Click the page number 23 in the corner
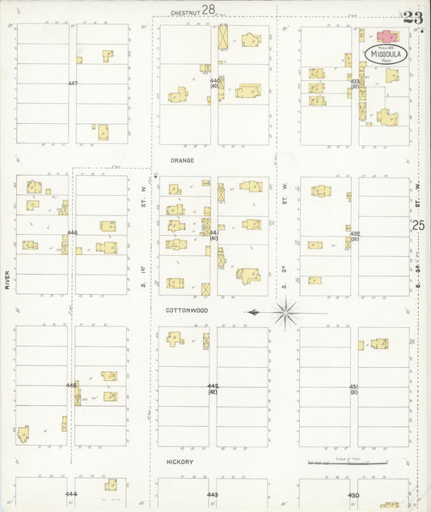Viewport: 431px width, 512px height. [x=412, y=17]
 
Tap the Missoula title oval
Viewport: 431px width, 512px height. [x=386, y=53]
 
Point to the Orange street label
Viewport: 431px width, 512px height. [x=182, y=160]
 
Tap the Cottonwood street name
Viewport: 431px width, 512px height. [x=188, y=310]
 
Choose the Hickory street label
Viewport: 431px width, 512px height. [x=180, y=462]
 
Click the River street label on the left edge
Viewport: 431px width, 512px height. [x=6, y=280]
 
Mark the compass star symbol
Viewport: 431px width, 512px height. [x=286, y=312]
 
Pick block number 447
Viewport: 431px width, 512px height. [x=73, y=83]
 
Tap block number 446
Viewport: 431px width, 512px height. [x=72, y=233]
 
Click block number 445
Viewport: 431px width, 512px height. [x=71, y=386]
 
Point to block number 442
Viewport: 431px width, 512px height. [x=213, y=386]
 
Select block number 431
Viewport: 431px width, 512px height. [x=353, y=386]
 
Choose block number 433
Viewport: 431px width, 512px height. [x=354, y=81]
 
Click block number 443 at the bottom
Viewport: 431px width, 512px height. [x=212, y=494]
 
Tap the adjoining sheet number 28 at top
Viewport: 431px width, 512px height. [x=209, y=10]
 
